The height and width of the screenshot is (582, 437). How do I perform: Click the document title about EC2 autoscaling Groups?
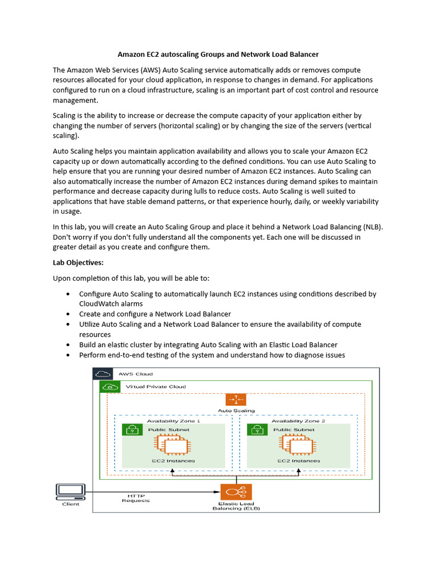pyautogui.click(x=218, y=55)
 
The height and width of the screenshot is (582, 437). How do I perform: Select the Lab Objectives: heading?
pyautogui.click(x=78, y=263)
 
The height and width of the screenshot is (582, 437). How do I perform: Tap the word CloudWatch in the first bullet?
pyautogui.click(x=101, y=304)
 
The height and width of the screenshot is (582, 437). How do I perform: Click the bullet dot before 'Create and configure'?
pyautogui.click(x=68, y=314)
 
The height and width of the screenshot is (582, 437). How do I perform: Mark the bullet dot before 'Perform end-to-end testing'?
pyautogui.click(x=68, y=355)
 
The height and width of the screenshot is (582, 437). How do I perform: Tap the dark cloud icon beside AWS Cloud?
pyautogui.click(x=103, y=373)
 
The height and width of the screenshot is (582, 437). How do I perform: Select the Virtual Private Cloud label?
pyautogui.click(x=155, y=386)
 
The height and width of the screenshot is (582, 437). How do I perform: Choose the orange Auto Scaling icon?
pyautogui.click(x=236, y=400)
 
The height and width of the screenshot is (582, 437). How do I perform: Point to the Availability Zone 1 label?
pyautogui.click(x=174, y=421)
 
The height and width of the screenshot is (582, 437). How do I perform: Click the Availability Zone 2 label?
pyautogui.click(x=298, y=421)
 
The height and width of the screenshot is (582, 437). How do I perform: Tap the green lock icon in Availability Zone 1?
pyautogui.click(x=132, y=430)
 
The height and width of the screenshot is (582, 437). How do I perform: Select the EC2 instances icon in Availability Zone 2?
pyautogui.click(x=299, y=444)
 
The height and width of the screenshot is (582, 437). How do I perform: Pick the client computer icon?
pyautogui.click(x=71, y=491)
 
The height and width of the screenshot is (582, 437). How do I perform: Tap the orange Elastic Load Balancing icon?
pyautogui.click(x=236, y=492)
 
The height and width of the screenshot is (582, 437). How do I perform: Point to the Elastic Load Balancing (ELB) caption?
pyautogui.click(x=236, y=506)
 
